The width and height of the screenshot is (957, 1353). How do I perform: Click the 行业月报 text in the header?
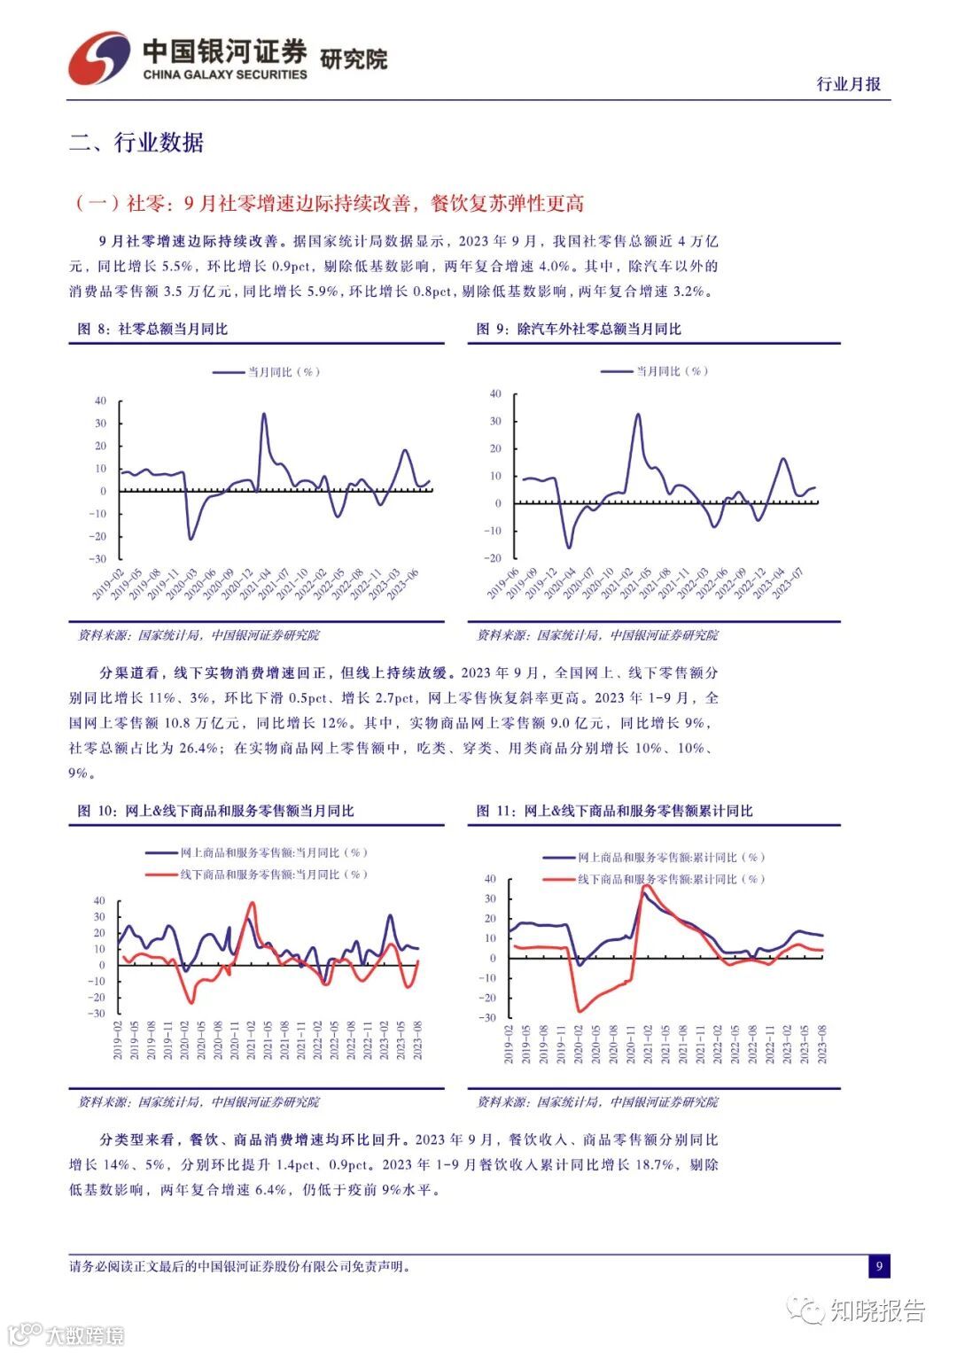(848, 84)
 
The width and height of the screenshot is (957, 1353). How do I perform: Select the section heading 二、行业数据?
(136, 143)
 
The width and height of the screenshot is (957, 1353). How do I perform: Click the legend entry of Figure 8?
(266, 372)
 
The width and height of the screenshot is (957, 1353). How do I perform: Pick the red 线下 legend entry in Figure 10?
(257, 875)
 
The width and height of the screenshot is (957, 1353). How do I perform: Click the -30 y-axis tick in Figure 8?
(100, 559)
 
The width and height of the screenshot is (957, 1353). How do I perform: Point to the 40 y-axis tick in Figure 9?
(495, 394)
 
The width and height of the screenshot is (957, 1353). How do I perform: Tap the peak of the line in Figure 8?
(263, 414)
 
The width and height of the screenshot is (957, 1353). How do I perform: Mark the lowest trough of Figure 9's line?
(569, 547)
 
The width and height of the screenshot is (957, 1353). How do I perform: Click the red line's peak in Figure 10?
(253, 904)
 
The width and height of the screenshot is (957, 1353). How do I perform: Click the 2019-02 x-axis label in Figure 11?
(510, 1046)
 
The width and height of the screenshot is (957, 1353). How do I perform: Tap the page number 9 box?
(879, 1266)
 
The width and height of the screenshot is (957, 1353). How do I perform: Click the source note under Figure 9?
(597, 635)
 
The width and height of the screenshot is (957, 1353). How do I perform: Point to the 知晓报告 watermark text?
(877, 1310)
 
